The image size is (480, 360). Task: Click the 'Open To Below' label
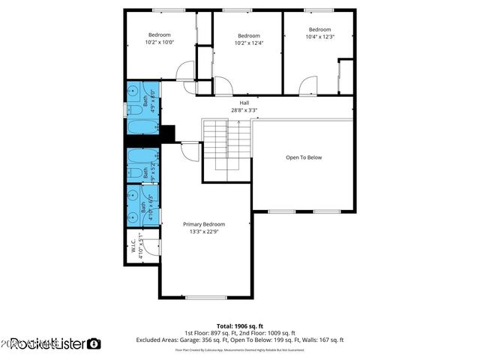[x=304, y=157]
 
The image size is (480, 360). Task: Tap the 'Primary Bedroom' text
[x=204, y=223]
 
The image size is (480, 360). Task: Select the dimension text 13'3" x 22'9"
[x=204, y=232]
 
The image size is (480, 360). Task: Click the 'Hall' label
[x=244, y=103]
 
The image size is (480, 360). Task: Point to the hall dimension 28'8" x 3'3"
[x=244, y=110]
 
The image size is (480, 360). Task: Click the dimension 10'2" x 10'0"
[x=159, y=43]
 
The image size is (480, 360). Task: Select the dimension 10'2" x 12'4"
[x=249, y=43]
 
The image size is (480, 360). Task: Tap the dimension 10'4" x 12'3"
[x=319, y=36]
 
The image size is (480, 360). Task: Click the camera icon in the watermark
[x=94, y=343]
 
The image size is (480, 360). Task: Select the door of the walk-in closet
[x=151, y=245]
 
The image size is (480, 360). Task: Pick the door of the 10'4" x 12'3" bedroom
[x=308, y=88]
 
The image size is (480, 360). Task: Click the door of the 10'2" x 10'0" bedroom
[x=184, y=73]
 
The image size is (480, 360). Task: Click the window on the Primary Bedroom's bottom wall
[x=206, y=298]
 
